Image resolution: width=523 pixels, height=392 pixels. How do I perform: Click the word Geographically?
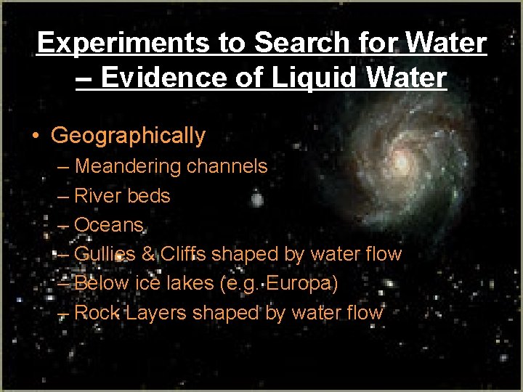[x=129, y=136]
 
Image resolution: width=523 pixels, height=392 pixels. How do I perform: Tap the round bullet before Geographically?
[x=36, y=136]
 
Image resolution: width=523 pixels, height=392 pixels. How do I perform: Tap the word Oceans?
[x=109, y=225]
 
